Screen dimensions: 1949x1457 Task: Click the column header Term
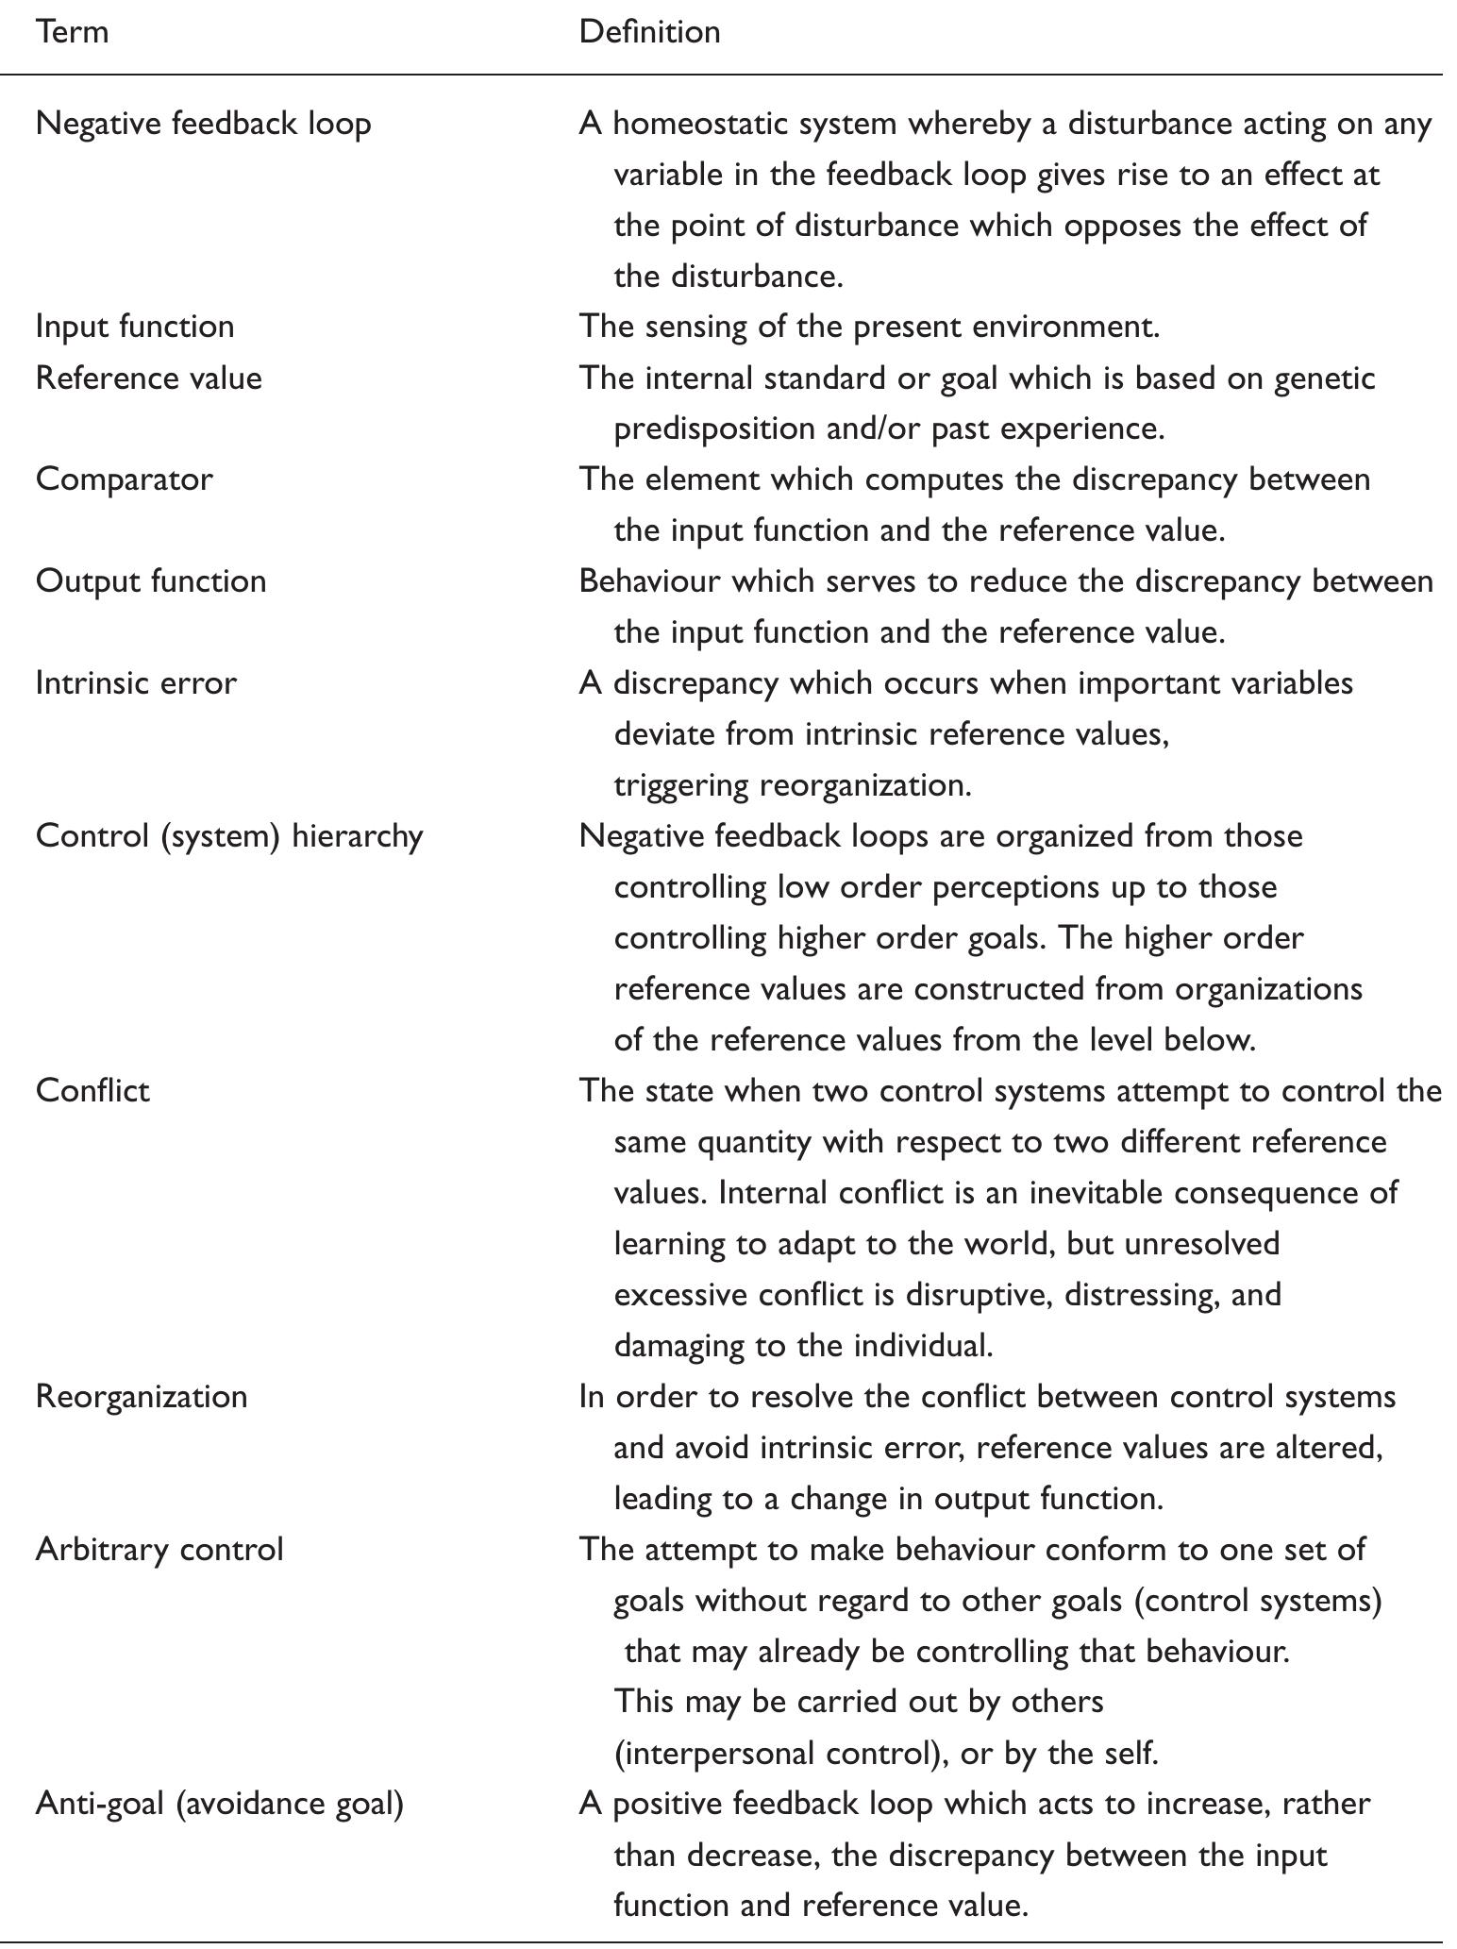point(72,32)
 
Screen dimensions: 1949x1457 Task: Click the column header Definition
point(649,32)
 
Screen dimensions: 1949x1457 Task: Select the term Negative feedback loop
point(203,124)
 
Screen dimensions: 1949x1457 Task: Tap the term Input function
point(135,327)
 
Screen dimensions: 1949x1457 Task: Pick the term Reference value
point(148,378)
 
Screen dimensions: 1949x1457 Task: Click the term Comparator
point(124,479)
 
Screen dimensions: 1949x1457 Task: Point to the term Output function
point(151,581)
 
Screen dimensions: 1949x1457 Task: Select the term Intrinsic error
point(136,682)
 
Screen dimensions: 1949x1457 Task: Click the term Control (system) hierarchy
point(229,836)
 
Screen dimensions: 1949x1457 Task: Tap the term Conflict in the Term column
point(92,1091)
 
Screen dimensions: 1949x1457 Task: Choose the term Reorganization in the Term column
point(142,1397)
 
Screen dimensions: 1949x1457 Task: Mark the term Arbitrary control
point(159,1550)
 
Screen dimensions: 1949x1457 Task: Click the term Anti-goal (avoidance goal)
point(219,1804)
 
